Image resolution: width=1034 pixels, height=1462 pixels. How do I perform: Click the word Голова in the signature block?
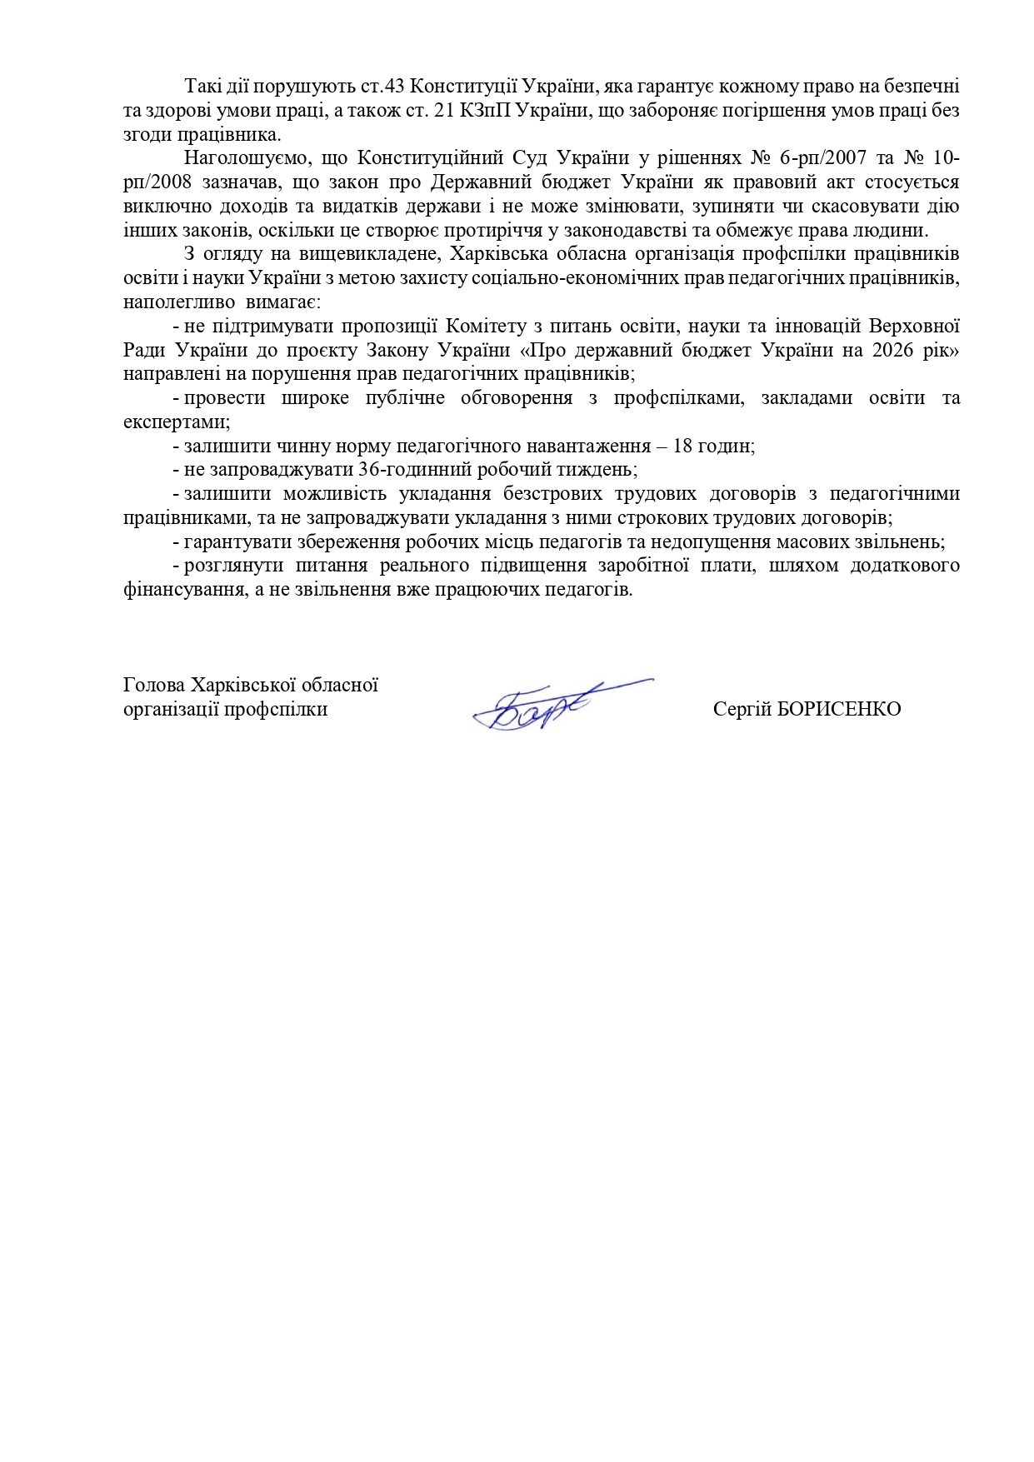pos(154,686)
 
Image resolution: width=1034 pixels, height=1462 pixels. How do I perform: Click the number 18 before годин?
pos(682,446)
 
